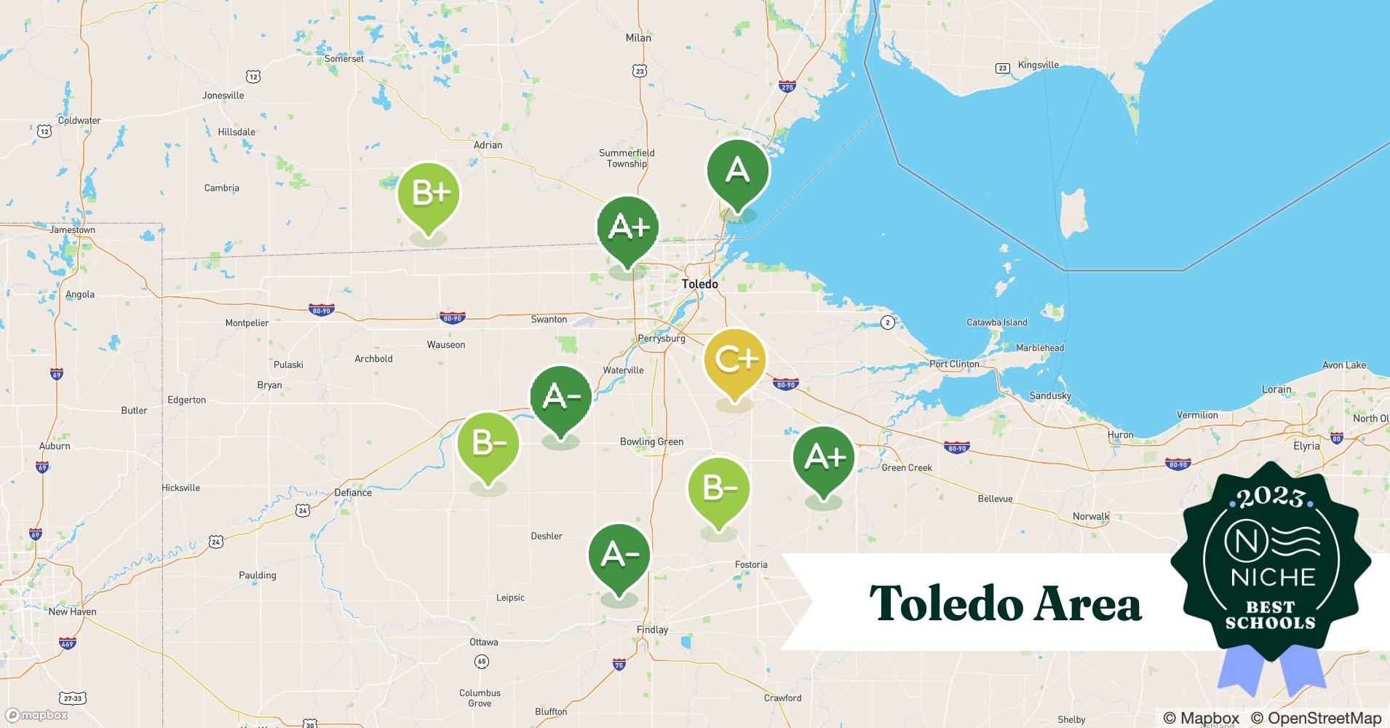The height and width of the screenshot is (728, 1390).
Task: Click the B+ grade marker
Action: (429, 195)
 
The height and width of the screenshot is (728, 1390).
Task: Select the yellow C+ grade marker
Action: (735, 360)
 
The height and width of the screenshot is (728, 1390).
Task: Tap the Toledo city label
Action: (699, 284)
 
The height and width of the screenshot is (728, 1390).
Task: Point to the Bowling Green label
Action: (651, 441)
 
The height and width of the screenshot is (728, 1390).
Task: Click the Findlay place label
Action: (652, 630)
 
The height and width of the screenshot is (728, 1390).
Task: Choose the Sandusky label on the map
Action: (1050, 395)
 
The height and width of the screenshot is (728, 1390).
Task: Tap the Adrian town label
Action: (488, 145)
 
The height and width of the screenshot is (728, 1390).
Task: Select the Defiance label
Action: (353, 492)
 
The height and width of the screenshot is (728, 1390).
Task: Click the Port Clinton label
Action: (954, 364)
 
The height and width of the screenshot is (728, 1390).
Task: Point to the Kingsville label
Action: (1038, 65)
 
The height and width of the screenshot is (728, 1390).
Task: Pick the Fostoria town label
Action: (751, 564)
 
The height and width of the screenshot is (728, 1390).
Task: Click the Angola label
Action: (80, 294)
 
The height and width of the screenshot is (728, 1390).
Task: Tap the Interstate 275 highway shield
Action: (787, 86)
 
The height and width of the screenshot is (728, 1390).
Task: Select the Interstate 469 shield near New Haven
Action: (67, 643)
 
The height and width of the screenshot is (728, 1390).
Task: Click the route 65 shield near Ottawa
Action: (481, 662)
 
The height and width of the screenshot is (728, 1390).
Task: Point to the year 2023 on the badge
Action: (1271, 498)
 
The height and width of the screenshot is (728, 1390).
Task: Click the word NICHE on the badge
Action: (1273, 577)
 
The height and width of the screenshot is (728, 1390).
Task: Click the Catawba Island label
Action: (996, 323)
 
